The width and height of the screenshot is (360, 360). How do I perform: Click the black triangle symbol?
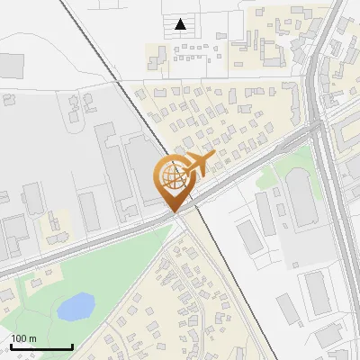coord(181,24)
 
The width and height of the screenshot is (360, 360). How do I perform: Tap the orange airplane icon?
coord(197,165)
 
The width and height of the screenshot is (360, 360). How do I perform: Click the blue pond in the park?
coord(76,307)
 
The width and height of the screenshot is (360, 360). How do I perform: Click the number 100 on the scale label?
coord(20,338)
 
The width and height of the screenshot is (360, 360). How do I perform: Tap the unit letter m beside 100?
coord(34,338)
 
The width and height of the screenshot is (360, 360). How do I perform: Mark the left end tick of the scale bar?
coord(10,346)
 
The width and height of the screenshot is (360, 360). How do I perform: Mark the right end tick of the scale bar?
coord(72,346)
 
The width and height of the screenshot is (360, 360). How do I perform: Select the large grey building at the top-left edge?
coord(10,65)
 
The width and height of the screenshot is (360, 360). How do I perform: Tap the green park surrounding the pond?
coord(108,270)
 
